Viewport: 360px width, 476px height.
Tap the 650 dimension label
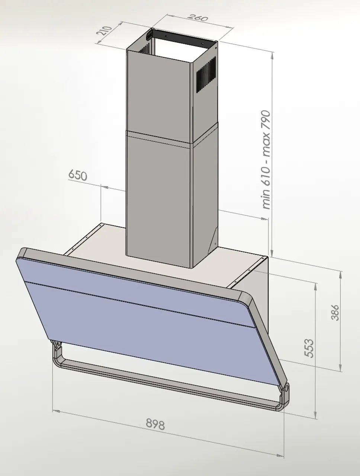tap(77, 175)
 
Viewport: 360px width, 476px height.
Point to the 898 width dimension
tap(155, 424)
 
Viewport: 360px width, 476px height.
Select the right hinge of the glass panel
tap(286, 388)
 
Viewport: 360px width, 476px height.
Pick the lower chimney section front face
tap(158, 197)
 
